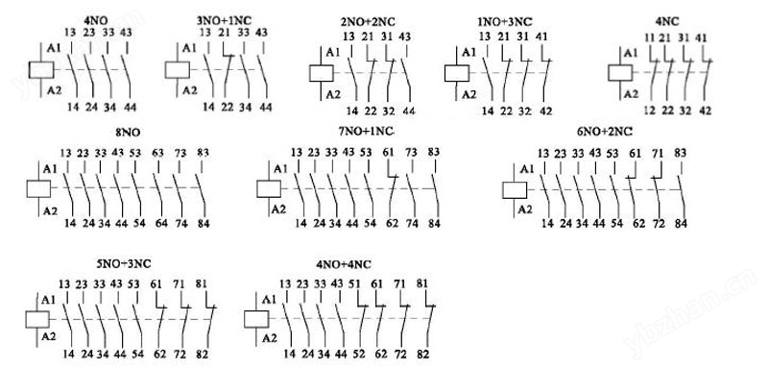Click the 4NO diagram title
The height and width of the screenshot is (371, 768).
[x=97, y=21]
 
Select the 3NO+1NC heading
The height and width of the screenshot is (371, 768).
[x=224, y=20]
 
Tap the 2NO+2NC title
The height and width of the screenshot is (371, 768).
[x=368, y=22]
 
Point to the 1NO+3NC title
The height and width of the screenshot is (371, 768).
[x=505, y=22]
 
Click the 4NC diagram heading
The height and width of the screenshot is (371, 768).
[x=667, y=22]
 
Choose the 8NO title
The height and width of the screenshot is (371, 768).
[x=128, y=133]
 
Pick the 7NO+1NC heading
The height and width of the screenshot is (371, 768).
[x=367, y=132]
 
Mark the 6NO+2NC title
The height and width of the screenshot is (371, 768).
[x=605, y=132]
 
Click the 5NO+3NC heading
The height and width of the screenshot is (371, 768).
[x=124, y=264]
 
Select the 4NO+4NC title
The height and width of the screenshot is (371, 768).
[x=344, y=264]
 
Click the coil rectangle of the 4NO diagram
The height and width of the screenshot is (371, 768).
[x=41, y=69]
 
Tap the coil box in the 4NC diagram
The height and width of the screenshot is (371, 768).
[x=620, y=72]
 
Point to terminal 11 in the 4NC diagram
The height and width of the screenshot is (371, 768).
[x=650, y=38]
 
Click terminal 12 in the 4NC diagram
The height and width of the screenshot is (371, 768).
[x=650, y=111]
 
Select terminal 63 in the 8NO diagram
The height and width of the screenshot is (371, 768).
[x=157, y=154]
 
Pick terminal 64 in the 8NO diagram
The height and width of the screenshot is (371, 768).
[x=160, y=224]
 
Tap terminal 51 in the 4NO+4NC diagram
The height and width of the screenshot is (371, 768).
[x=354, y=284]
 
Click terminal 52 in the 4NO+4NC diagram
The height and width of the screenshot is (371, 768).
[x=359, y=354]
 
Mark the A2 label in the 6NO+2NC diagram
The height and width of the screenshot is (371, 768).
[x=525, y=210]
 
